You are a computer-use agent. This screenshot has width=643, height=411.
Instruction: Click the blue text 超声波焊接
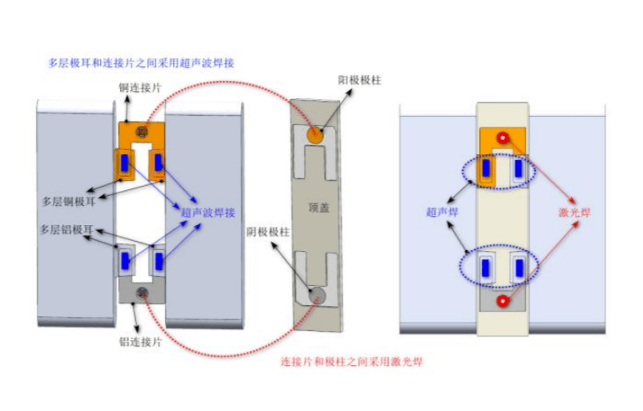(207, 213)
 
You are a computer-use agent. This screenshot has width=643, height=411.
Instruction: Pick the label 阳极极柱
(359, 79)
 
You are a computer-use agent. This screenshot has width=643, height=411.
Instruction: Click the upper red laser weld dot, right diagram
(502, 138)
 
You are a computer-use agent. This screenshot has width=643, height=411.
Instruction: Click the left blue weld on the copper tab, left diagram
(125, 164)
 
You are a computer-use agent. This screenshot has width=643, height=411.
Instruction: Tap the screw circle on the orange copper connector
(142, 133)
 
